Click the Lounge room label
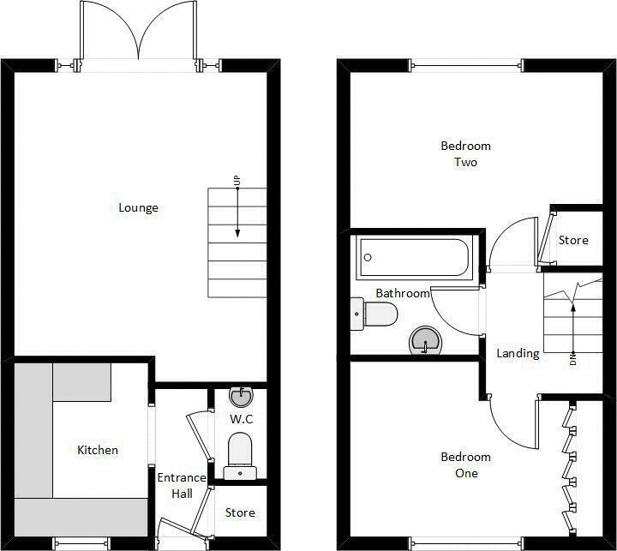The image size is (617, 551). click(x=139, y=207)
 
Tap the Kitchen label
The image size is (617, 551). click(x=98, y=450)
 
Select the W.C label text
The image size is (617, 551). click(x=241, y=419)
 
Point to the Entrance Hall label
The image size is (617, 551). click(x=182, y=486)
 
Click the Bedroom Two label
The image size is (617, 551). click(x=466, y=154)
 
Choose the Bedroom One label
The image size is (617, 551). click(x=466, y=464)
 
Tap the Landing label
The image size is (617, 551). click(x=518, y=353)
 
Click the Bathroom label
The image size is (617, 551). click(x=403, y=293)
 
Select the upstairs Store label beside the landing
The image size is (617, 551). click(x=573, y=240)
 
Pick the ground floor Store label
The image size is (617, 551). click(x=240, y=512)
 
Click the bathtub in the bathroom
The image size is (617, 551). click(x=415, y=257)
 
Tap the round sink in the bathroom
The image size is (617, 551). click(x=425, y=340)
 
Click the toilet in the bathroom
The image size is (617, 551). click(x=374, y=314)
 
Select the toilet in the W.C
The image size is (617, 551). click(x=240, y=456)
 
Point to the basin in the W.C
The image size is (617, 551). click(x=241, y=397)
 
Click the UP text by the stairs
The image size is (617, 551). click(x=237, y=181)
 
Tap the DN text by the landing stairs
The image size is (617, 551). click(x=572, y=360)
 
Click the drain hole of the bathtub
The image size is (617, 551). click(x=368, y=257)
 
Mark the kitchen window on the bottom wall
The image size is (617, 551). click(x=81, y=543)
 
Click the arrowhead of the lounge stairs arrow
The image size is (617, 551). click(x=237, y=234)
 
